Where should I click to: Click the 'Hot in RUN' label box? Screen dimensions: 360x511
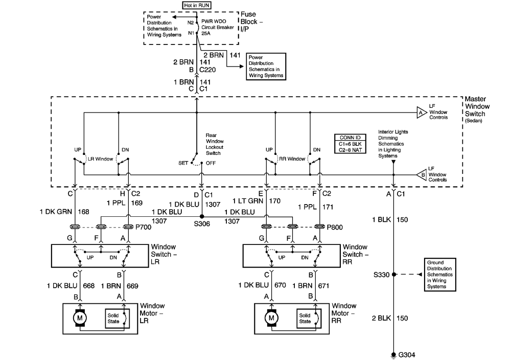coord(196,5)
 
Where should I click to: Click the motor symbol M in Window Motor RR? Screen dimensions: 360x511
coord(271,318)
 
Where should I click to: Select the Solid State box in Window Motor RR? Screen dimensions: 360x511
coord(305,318)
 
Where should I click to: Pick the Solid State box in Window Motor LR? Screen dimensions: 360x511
coord(113,318)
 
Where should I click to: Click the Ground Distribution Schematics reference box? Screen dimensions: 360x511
coord(440,275)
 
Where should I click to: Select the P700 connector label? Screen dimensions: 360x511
coord(143,227)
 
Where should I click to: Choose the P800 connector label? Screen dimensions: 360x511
coord(335,227)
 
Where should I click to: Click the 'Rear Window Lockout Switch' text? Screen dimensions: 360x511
coord(215,144)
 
